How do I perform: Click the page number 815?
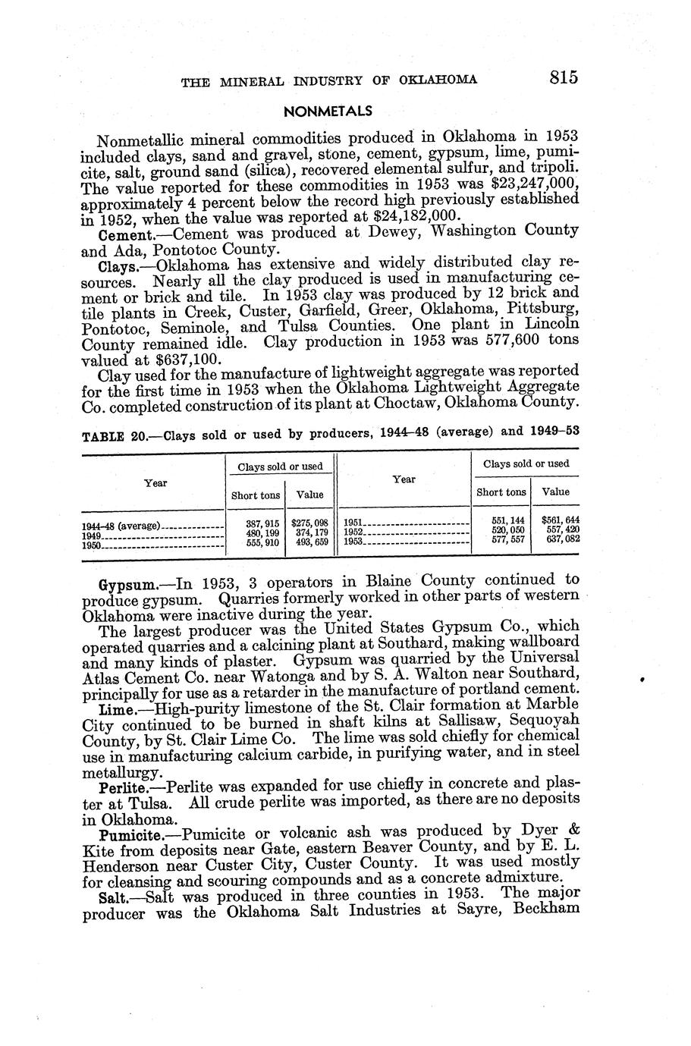coord(556,77)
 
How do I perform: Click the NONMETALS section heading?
coord(328,111)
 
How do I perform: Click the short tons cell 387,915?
coord(255,523)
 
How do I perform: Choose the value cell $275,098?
coord(308,523)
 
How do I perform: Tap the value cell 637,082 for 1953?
coord(558,539)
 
